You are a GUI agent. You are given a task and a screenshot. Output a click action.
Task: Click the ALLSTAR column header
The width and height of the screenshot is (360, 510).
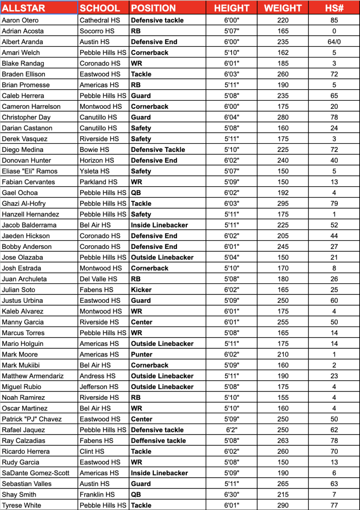click(23, 8)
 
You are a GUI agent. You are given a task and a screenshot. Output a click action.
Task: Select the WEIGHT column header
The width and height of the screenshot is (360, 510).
click(283, 8)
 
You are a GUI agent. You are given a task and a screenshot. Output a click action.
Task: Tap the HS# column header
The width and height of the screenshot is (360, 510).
click(334, 8)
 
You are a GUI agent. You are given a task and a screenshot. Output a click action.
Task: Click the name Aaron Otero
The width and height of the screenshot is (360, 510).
click(20, 20)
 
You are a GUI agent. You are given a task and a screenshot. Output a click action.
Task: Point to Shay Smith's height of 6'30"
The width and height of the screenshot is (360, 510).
click(231, 495)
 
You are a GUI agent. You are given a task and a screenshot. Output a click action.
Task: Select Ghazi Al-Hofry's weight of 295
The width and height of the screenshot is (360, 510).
click(283, 203)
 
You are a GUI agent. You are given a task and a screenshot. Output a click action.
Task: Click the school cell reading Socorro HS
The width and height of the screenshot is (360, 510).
click(96, 31)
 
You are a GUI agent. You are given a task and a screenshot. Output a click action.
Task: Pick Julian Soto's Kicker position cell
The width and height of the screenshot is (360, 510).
click(141, 290)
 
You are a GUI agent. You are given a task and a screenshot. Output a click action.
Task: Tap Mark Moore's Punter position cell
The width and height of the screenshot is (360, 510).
click(143, 354)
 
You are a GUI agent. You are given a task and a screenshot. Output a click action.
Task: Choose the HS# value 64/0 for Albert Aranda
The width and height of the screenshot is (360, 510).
click(334, 42)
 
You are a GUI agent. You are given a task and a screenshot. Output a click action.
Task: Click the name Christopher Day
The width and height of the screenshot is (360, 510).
click(26, 117)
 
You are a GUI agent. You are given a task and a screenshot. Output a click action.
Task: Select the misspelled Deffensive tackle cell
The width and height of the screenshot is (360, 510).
click(158, 441)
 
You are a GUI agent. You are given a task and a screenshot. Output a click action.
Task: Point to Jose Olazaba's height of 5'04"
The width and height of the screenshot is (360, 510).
click(231, 257)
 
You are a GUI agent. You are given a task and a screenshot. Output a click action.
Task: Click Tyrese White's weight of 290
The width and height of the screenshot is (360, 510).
click(283, 505)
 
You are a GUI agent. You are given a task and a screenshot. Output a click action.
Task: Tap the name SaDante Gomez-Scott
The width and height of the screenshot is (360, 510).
click(36, 473)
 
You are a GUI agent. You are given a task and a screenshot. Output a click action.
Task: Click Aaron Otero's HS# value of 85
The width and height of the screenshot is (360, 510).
click(334, 20)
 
